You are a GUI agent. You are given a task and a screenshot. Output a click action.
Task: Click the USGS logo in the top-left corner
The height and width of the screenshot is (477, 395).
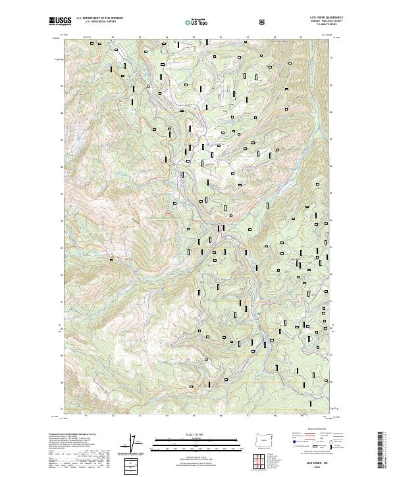click(x=59, y=21)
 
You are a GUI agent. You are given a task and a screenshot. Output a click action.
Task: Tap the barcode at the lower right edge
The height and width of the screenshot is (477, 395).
click(x=381, y=451)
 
